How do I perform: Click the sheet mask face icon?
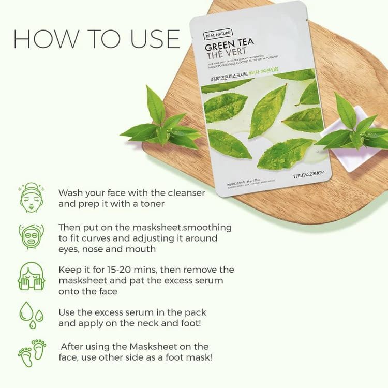(31, 236)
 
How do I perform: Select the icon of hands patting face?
(32, 277)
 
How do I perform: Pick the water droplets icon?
(31, 315)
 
